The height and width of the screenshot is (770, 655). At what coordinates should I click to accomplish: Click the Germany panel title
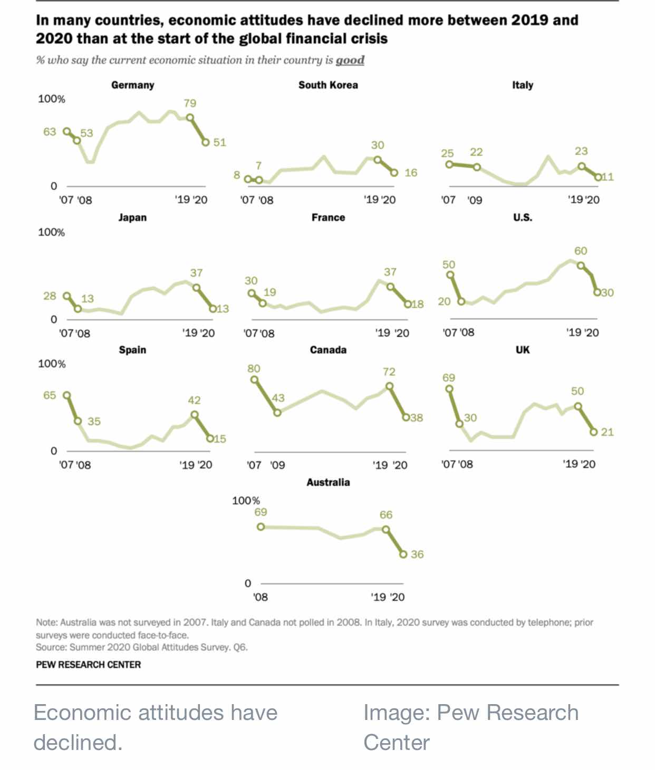(133, 85)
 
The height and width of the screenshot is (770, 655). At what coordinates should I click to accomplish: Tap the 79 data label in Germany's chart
(190, 103)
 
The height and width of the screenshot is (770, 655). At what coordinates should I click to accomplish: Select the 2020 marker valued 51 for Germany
(206, 142)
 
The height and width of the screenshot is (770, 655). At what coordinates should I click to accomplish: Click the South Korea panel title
(328, 85)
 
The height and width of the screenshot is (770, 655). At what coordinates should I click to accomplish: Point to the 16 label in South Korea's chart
(411, 173)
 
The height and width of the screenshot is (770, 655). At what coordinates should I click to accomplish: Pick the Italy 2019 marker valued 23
(582, 166)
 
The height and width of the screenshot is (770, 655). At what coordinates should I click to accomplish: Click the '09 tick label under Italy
(475, 200)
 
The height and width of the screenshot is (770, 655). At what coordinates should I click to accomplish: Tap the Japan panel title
(133, 218)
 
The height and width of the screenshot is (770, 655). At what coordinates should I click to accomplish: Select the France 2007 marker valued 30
(252, 293)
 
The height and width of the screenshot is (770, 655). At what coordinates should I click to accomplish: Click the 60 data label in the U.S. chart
(581, 251)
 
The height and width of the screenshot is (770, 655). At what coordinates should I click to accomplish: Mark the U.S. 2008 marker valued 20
(461, 301)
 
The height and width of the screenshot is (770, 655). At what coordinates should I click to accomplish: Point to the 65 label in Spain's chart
(50, 395)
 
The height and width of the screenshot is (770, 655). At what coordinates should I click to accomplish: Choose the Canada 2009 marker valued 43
(277, 413)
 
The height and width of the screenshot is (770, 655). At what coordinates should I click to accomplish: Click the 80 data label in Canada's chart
(254, 369)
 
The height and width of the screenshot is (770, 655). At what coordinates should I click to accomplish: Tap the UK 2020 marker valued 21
(594, 432)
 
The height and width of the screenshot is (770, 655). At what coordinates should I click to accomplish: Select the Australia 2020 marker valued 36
(403, 554)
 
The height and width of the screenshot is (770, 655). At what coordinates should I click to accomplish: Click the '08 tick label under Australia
(260, 597)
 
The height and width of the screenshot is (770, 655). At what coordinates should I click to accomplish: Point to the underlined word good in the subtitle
(350, 61)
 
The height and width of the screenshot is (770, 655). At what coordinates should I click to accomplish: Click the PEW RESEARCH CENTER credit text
(89, 665)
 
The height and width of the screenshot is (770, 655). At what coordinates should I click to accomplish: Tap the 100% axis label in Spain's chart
(52, 364)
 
